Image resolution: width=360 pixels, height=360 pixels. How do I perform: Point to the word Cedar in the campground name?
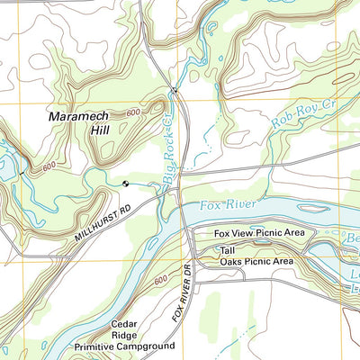(122, 323)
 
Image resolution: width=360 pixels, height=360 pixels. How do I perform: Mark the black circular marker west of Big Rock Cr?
(125, 184)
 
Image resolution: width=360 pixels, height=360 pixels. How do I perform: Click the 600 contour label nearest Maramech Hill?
(133, 112)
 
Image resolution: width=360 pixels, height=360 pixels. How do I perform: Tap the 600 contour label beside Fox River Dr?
(162, 282)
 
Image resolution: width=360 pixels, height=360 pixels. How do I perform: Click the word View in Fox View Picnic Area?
(246, 233)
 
